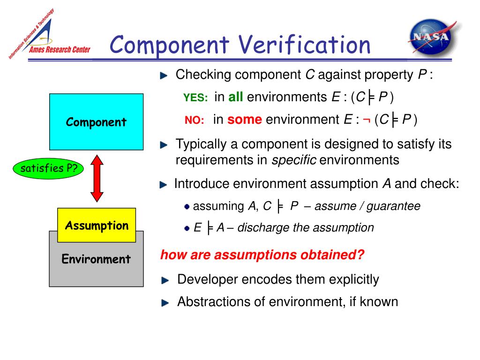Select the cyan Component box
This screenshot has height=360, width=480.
(x=96, y=121)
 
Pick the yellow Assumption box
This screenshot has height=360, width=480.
(x=97, y=225)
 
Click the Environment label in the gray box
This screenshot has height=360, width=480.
(x=96, y=259)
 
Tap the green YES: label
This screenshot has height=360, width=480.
(x=195, y=98)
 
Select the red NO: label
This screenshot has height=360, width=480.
(x=194, y=120)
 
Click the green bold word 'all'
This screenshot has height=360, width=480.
(x=236, y=97)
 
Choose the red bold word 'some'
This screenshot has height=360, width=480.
(x=244, y=120)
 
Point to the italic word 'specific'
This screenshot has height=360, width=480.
(x=294, y=160)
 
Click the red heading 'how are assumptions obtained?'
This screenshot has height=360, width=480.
(x=262, y=255)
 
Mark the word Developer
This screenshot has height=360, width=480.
(x=208, y=280)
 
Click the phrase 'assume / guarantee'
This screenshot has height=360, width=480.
(x=367, y=206)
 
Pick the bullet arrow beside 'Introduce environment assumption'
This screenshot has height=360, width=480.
(x=163, y=185)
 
